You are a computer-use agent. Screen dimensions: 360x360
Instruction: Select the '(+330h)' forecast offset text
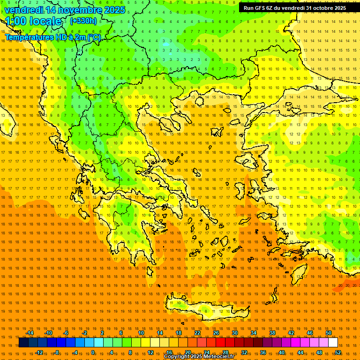point(83,21)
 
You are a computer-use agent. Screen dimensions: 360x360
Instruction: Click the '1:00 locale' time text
point(33,21)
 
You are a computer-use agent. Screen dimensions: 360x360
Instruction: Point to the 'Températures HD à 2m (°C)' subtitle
point(52,37)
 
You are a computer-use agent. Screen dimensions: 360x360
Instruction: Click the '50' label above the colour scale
point(329,333)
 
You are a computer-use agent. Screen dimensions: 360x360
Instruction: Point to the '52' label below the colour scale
point(338,352)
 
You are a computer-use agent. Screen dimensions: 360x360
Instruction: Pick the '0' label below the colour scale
point(93,352)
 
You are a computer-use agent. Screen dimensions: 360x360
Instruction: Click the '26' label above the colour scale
point(216,333)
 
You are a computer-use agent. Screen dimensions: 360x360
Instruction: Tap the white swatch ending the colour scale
point(333,343)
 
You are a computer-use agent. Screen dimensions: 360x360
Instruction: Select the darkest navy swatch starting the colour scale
point(23,343)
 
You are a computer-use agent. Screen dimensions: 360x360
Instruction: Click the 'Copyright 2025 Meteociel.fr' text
point(199,357)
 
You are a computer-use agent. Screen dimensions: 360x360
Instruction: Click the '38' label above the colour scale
point(272,333)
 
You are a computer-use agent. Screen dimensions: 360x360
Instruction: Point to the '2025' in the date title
point(114,10)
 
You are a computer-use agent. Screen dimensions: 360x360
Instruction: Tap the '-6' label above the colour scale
point(66,333)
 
